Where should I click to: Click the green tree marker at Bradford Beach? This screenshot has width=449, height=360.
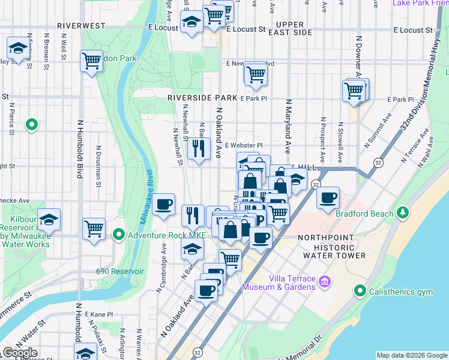tap(403, 214)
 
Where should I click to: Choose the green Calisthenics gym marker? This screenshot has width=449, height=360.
tap(360, 292)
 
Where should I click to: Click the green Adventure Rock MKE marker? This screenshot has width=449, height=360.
tap(119, 234)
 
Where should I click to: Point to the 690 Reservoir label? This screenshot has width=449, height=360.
tap(120, 271)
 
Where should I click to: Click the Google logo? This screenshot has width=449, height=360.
tap(20, 353)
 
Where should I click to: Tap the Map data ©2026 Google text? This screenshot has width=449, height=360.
tap(411, 355)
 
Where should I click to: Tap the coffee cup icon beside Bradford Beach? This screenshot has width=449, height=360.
tap(328, 197)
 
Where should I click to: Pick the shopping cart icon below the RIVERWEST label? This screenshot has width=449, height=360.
tap(91, 61)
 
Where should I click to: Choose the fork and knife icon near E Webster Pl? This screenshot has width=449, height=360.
tap(199, 147)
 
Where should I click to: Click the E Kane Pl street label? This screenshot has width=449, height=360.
tap(98, 314)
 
